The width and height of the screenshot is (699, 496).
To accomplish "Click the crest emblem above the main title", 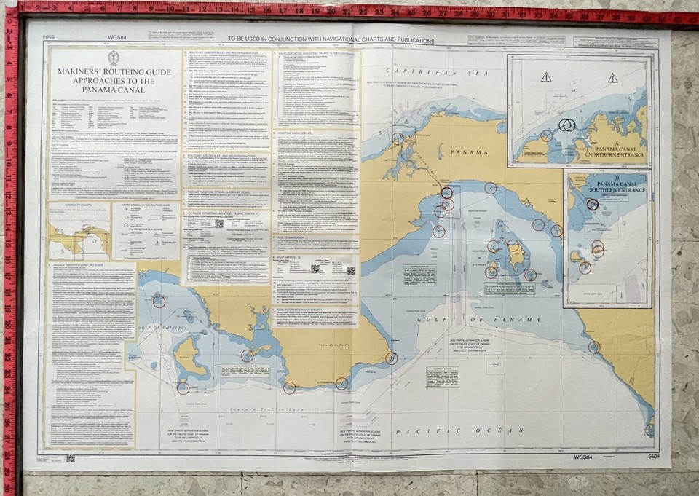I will click(x=113, y=58).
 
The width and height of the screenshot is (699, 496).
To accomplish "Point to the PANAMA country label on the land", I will click(x=472, y=154).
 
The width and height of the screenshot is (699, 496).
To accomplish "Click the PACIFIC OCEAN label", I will click(x=494, y=431).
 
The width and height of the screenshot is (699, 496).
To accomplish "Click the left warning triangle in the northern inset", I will click(x=546, y=77).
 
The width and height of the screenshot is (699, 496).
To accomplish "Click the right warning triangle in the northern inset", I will click(x=613, y=77).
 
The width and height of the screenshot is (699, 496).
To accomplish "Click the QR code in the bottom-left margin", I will click(x=71, y=458).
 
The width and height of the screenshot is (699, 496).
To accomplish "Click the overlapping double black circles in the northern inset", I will click(x=567, y=125).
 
